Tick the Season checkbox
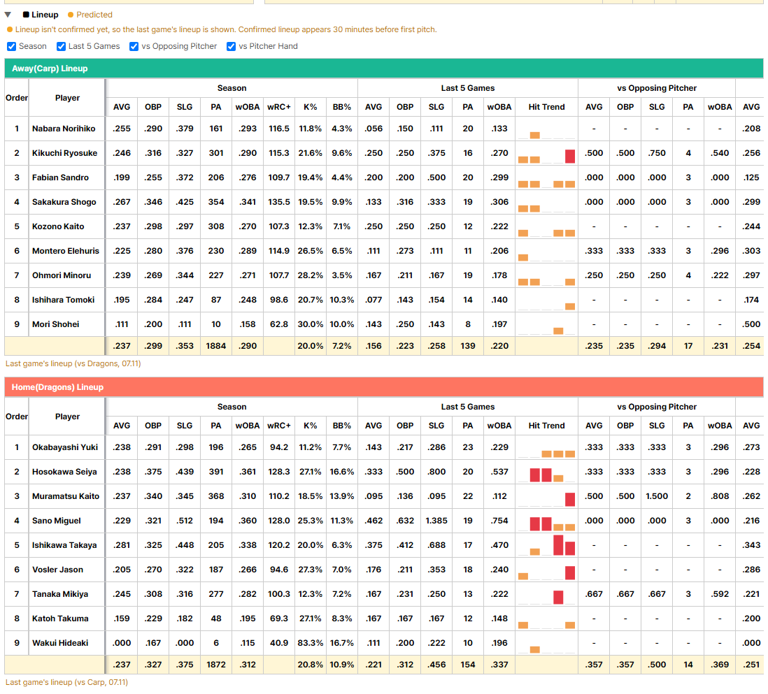coord(11,47)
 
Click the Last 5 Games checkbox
coord(62,47)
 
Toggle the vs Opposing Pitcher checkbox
coord(134,47)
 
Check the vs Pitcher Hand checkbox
coord(232,47)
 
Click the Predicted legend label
coord(94,15)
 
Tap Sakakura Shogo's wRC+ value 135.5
coord(278,202)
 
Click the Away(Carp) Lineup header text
coord(50,68)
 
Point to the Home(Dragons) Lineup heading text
coord(57,387)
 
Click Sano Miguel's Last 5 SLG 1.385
coord(436,521)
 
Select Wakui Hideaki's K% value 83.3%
coord(311,643)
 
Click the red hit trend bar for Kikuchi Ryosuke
coord(569,156)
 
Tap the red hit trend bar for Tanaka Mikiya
coord(558,597)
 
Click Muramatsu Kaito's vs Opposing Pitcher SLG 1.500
coord(657,496)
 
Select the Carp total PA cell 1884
coord(216,346)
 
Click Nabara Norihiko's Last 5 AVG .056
coord(374,129)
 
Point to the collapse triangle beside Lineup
coord(8,15)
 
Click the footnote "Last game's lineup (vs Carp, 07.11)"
coord(66,682)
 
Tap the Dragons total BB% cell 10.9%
coord(342,665)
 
